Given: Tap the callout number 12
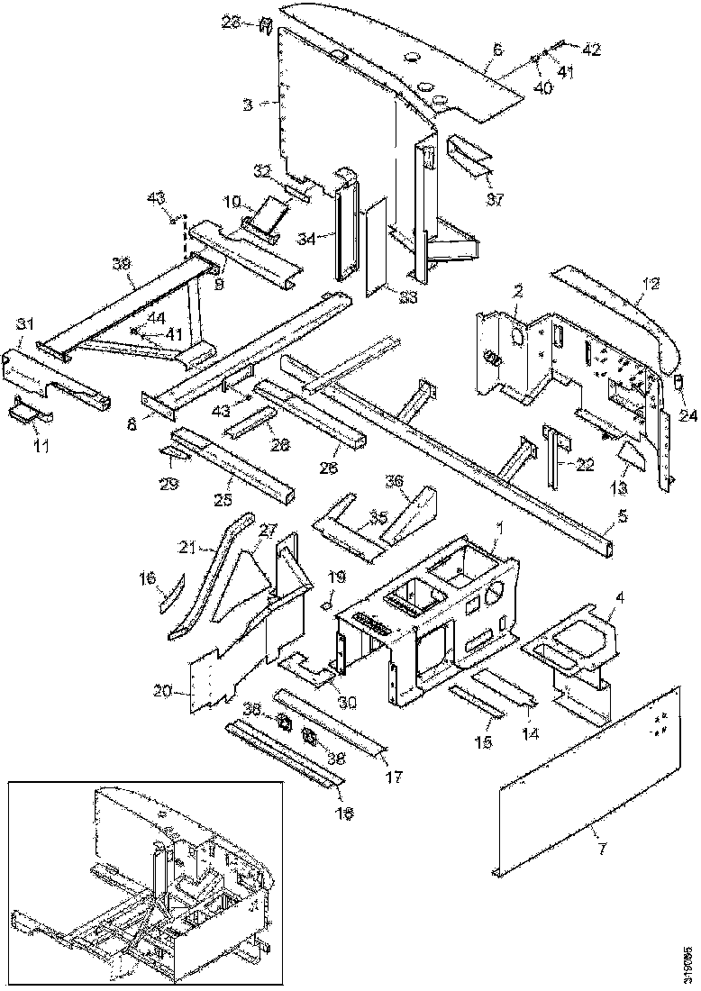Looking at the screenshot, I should click(x=650, y=283).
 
